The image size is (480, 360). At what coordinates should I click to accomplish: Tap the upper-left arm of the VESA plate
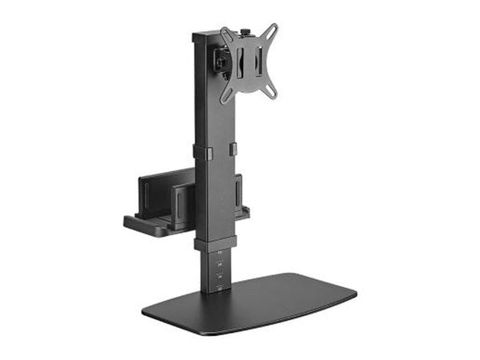point(226,35)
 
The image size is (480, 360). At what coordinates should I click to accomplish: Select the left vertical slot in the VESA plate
point(238,62)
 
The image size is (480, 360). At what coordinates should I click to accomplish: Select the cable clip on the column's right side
point(233,149)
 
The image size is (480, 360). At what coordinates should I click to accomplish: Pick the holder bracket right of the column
point(239,196)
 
